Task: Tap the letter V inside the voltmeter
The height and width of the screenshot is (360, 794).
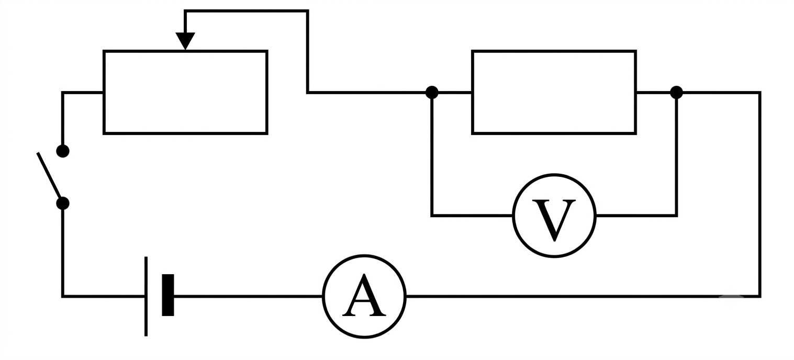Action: [554, 220]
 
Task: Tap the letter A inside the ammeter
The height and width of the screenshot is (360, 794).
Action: [364, 296]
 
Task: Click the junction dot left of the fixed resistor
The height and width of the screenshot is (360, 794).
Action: [432, 93]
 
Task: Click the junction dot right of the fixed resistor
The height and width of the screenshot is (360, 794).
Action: [676, 93]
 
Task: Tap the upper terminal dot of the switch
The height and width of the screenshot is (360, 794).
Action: [63, 151]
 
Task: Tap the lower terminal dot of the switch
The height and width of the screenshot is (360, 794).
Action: [63, 204]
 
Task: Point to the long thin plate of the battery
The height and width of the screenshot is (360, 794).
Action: [146, 296]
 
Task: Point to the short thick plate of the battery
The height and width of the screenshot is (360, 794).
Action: [168, 295]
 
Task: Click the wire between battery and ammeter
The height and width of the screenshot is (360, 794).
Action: [248, 296]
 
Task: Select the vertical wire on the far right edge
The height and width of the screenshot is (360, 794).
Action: [759, 194]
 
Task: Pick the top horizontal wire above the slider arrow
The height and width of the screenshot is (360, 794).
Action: [247, 12]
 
